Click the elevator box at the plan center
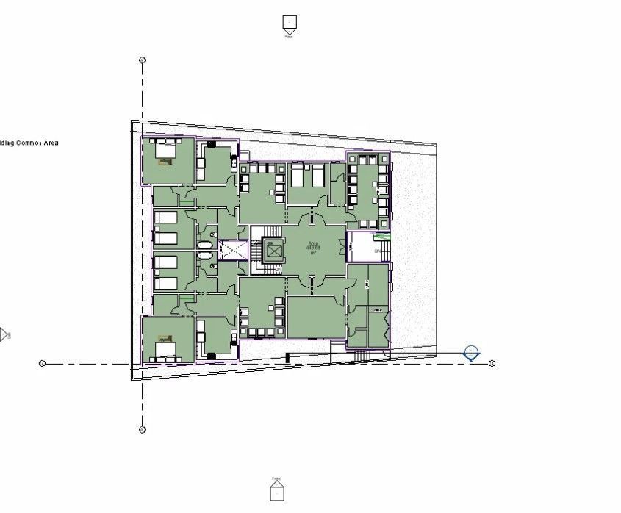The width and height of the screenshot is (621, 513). pyautogui.click(x=274, y=251)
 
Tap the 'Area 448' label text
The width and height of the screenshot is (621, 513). pyautogui.click(x=313, y=247)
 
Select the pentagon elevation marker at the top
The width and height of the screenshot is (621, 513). pyautogui.click(x=290, y=24)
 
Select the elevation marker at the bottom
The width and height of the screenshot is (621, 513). pyautogui.click(x=276, y=490)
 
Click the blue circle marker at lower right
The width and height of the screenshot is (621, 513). pyautogui.click(x=471, y=354)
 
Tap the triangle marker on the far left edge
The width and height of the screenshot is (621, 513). pyautogui.click(x=4, y=335)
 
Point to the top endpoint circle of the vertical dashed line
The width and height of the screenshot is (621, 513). pyautogui.click(x=143, y=60)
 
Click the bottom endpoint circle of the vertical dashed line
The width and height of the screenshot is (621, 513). pyautogui.click(x=143, y=429)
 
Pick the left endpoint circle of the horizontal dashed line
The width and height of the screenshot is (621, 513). pyautogui.click(x=42, y=363)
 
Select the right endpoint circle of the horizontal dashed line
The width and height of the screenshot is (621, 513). pyautogui.click(x=492, y=363)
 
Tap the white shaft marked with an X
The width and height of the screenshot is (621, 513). pyautogui.click(x=233, y=250)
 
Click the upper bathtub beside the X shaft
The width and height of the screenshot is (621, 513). pyautogui.click(x=205, y=241)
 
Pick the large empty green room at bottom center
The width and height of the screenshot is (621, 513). pyautogui.click(x=315, y=316)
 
